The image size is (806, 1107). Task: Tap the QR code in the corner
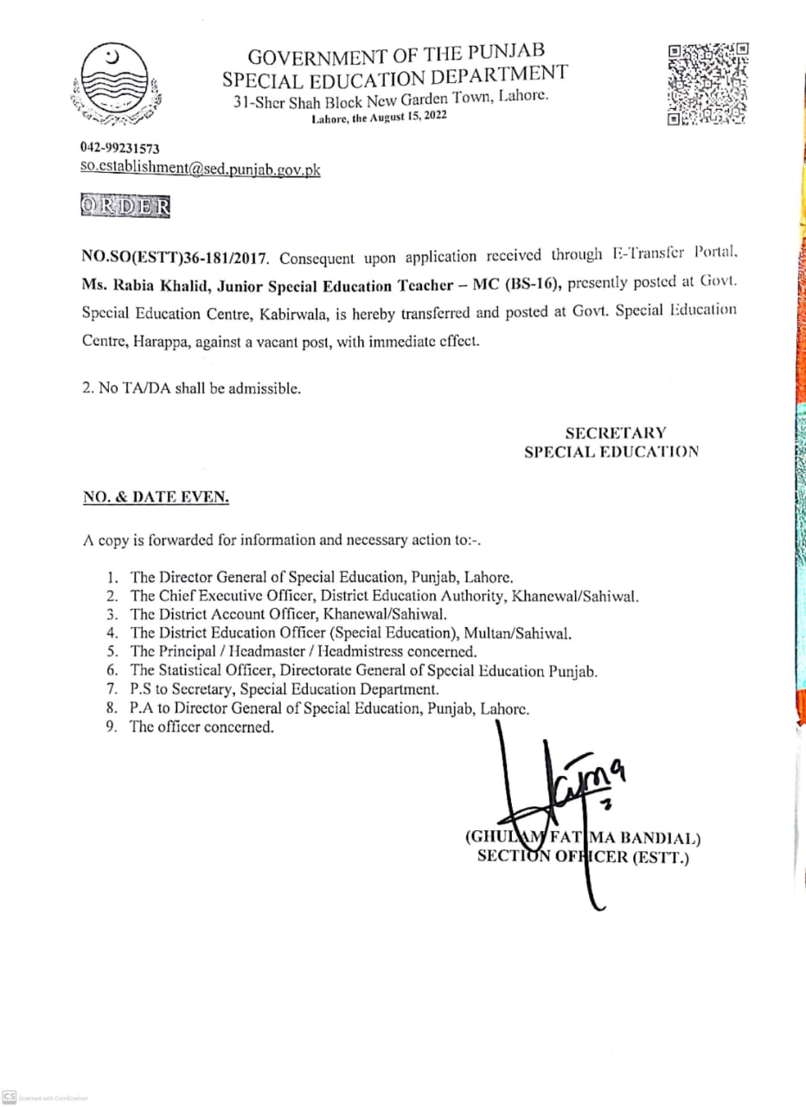(x=707, y=83)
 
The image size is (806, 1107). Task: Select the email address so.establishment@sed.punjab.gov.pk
(x=200, y=170)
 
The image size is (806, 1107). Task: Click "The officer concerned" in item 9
(x=201, y=727)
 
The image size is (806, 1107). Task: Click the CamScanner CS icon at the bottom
(x=10, y=1097)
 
